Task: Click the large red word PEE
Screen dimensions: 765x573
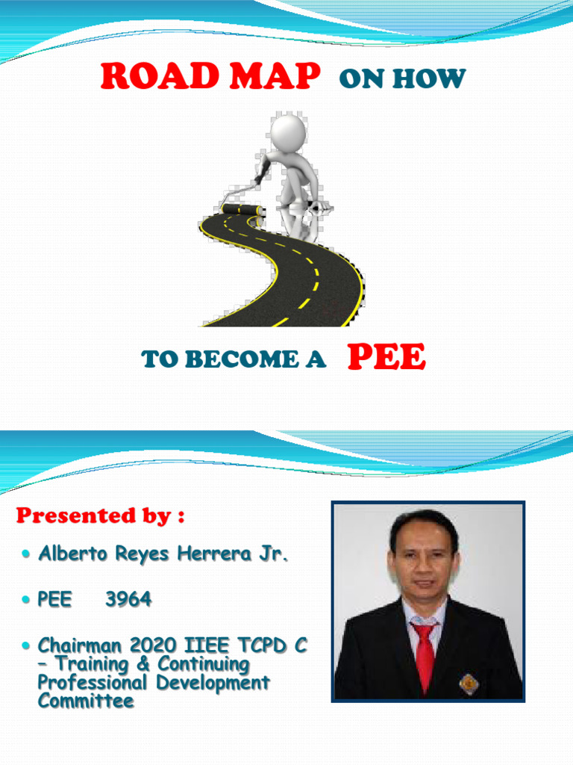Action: (386, 358)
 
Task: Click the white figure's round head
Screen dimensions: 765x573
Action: (288, 131)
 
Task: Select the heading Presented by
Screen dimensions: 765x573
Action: (100, 515)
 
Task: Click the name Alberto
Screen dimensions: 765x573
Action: (70, 554)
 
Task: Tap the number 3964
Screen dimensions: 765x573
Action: (128, 599)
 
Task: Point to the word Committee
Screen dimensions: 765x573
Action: (86, 701)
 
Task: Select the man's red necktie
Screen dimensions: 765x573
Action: (425, 654)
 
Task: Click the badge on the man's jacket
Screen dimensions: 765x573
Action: (468, 683)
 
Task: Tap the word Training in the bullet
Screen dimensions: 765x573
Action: (90, 663)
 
